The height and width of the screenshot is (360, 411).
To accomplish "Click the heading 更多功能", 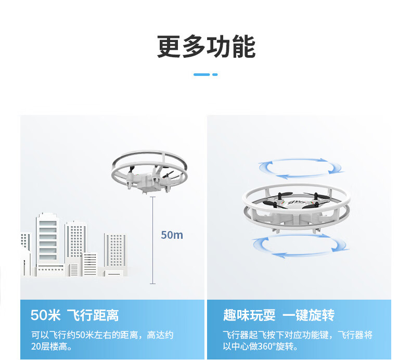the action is click(x=206, y=47).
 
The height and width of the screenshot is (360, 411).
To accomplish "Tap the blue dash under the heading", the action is click(x=205, y=74).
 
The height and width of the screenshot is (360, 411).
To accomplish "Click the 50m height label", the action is click(x=172, y=235).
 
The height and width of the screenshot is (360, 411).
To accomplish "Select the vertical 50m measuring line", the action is click(x=152, y=239).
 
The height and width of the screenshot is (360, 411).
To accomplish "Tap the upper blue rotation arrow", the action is click(x=302, y=168).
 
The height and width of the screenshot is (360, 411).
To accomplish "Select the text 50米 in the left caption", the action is click(x=46, y=315).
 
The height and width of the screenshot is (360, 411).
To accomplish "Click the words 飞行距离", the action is click(x=93, y=315).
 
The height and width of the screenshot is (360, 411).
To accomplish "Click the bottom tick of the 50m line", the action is click(x=152, y=283).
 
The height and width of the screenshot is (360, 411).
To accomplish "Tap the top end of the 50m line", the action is click(x=152, y=197).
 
